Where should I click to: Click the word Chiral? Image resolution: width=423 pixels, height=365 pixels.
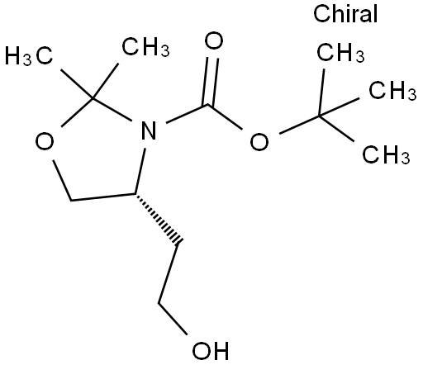(345, 13)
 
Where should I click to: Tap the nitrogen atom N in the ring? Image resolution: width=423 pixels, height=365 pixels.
(149, 130)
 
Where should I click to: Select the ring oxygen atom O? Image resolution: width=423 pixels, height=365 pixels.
(45, 141)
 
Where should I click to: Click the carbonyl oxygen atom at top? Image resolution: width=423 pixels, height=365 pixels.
(214, 40)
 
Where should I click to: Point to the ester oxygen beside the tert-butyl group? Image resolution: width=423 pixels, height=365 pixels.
(259, 141)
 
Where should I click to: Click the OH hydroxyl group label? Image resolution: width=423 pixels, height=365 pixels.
(211, 351)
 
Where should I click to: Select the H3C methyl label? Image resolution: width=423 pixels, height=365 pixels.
(29, 55)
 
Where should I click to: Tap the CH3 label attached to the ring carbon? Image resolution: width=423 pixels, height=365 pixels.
(145, 46)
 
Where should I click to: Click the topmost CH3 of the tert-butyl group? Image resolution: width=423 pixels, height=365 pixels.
(340, 52)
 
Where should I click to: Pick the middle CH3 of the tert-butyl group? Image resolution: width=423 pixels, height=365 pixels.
(392, 90)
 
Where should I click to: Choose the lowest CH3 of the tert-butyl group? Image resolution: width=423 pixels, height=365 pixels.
(386, 154)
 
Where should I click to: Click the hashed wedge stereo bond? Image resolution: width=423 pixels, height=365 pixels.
(158, 218)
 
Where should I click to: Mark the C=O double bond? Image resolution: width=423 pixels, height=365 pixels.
(211, 82)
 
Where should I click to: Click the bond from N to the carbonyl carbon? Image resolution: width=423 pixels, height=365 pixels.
(187, 113)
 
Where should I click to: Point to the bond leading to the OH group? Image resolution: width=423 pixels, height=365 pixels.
(173, 320)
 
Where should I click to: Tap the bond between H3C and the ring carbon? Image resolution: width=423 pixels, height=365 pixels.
(78, 84)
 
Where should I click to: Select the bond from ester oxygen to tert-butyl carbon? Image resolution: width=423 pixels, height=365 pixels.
(299, 125)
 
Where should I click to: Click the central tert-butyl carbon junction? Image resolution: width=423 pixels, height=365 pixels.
(320, 116)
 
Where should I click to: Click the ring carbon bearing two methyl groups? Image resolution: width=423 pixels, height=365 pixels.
(93, 98)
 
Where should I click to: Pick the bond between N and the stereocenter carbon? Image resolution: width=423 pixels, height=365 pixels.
(140, 171)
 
